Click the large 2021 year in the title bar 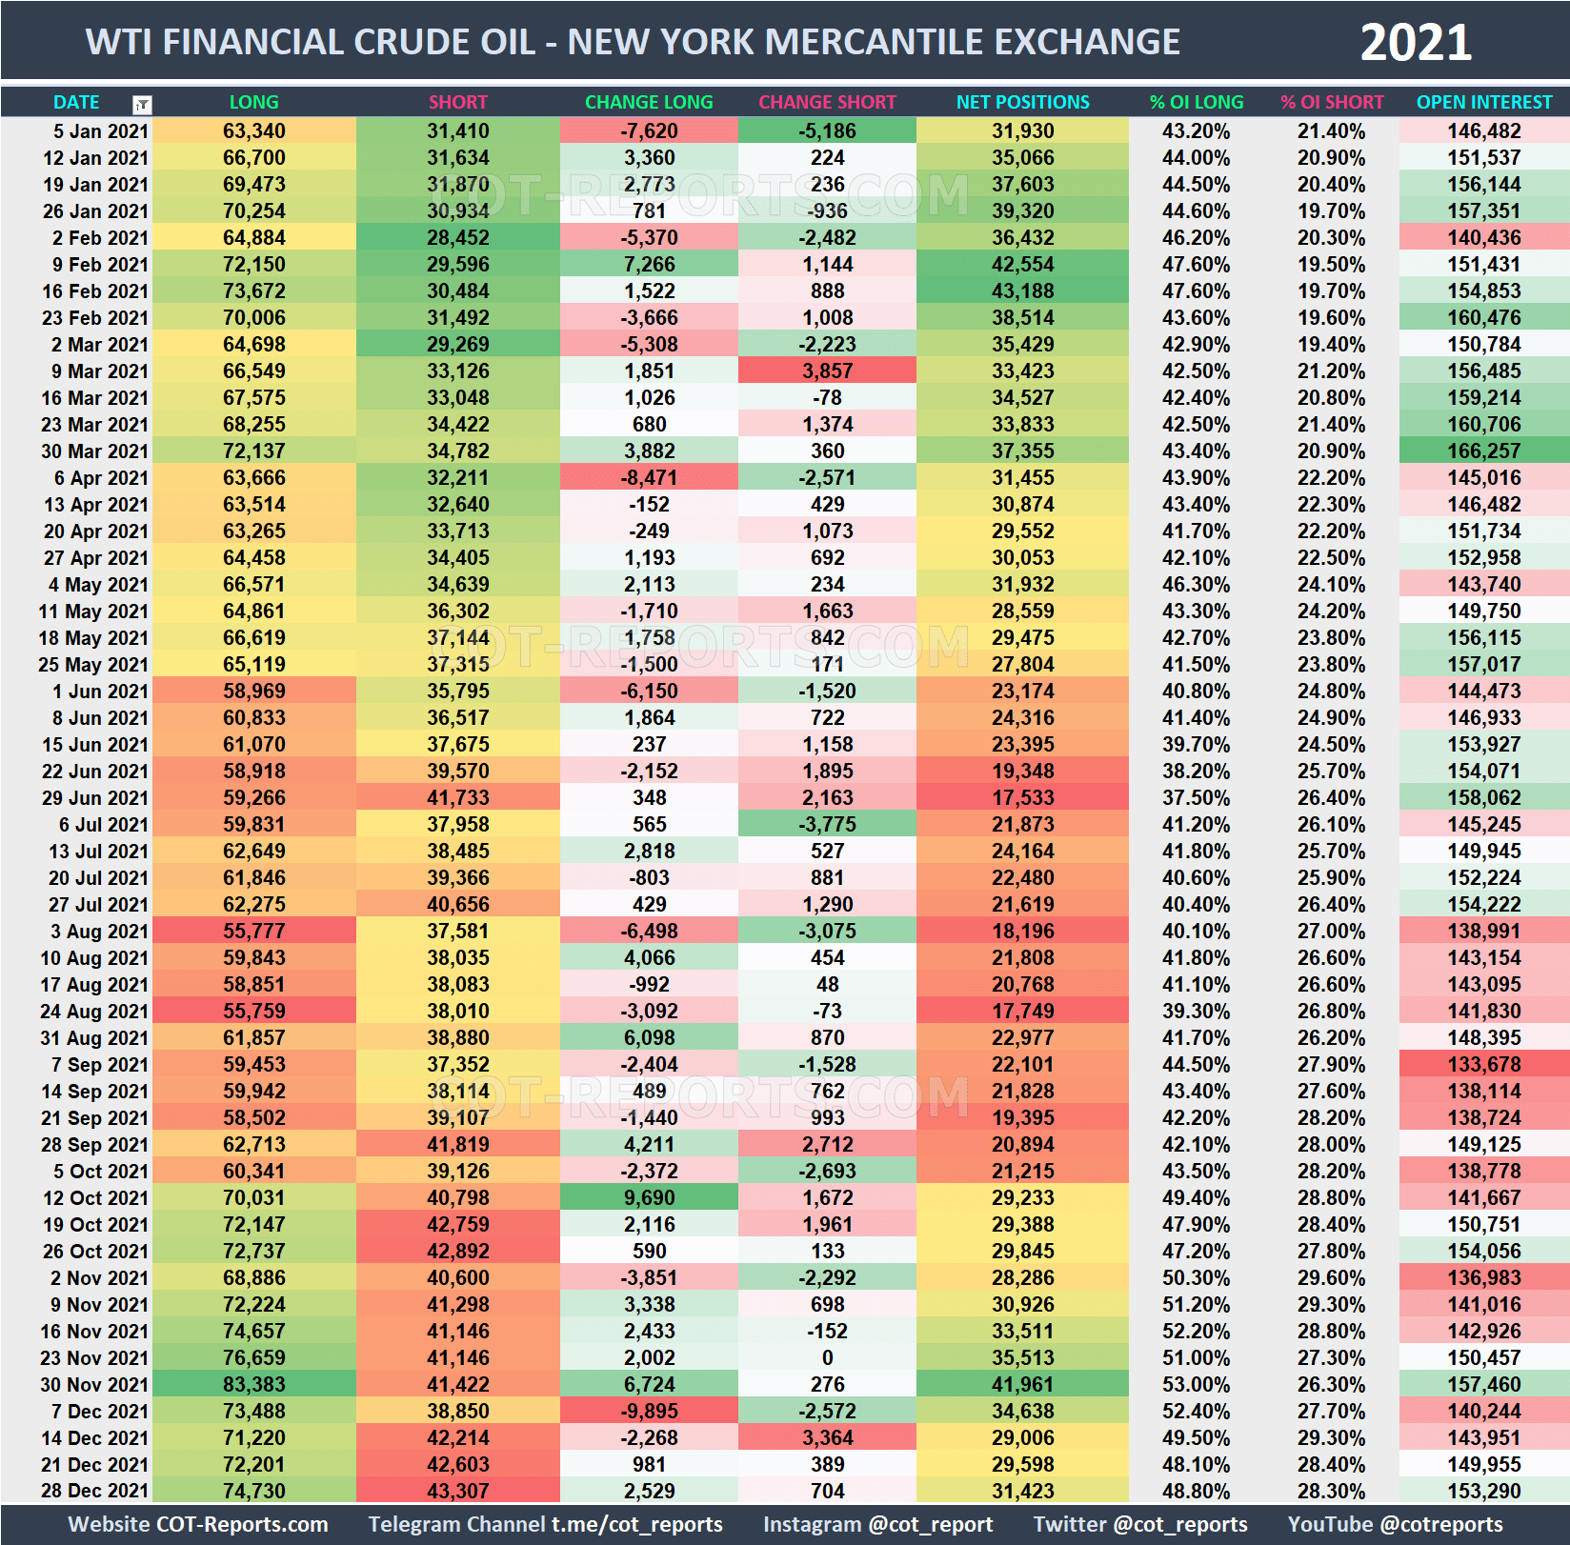coord(1416,43)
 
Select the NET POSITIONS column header coord(1022,102)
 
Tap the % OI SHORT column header coord(1331,102)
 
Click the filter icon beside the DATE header coord(142,104)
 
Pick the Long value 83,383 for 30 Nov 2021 coord(254,1384)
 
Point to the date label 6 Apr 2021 coord(101,477)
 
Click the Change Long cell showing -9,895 coord(649,1411)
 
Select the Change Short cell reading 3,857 coord(827,371)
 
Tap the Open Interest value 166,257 coord(1483,451)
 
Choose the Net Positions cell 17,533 coord(1022,797)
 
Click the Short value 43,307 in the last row coord(457,1491)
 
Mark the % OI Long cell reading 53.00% coord(1196,1384)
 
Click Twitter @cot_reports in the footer coord(1139,1524)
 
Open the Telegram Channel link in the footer coord(545,1524)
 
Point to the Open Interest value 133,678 coord(1483,1064)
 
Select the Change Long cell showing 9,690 coord(649,1197)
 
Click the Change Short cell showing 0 coord(827,1357)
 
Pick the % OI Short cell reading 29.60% coord(1331,1277)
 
